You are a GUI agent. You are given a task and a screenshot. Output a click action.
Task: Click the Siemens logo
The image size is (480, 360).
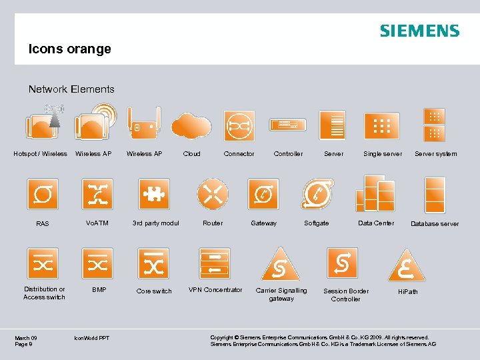(x=419, y=31)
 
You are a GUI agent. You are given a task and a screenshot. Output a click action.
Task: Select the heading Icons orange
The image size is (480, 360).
(x=69, y=49)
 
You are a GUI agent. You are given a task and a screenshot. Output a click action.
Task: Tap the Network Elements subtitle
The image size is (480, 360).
(x=71, y=89)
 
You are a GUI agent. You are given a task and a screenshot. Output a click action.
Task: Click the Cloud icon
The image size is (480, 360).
(x=191, y=125)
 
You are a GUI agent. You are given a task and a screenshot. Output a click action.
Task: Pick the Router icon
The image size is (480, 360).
(x=213, y=193)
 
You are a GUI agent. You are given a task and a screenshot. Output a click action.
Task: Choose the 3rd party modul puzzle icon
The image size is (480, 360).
(x=154, y=194)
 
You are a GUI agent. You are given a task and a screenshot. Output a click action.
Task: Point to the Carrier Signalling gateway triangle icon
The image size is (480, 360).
(x=281, y=265)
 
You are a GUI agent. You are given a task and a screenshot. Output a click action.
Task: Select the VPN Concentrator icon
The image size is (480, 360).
(x=215, y=263)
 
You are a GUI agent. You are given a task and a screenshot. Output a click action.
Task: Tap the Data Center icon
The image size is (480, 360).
(x=375, y=193)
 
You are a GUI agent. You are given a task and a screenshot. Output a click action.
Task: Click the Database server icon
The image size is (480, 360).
(x=435, y=195)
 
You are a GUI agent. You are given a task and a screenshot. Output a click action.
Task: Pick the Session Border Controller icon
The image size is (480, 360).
(x=343, y=263)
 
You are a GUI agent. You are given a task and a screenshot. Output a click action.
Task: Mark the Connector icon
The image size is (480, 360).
(x=239, y=125)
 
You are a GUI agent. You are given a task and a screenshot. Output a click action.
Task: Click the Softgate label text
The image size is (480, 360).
(x=316, y=223)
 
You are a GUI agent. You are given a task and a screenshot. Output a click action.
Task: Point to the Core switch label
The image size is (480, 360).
(x=154, y=291)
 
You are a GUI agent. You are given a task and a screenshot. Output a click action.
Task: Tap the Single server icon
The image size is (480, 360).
(x=382, y=125)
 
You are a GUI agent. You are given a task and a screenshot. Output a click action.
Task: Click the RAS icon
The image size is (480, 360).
(x=43, y=194)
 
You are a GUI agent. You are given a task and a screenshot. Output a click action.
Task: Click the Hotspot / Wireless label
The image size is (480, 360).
(x=41, y=154)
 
